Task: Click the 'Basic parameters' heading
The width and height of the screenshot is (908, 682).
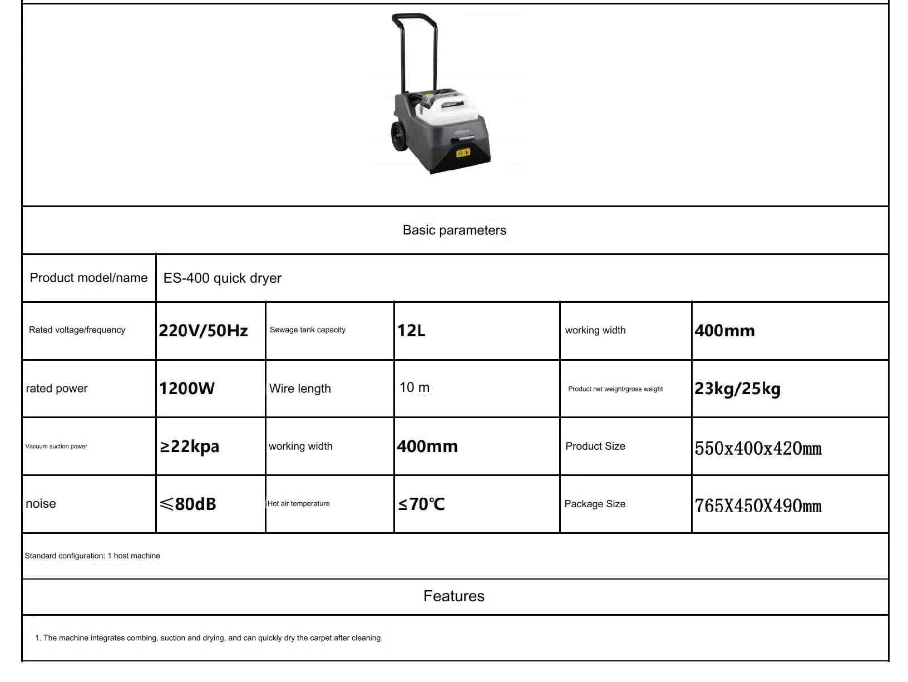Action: [454, 230]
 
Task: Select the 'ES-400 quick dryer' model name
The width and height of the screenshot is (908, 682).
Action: [222, 278]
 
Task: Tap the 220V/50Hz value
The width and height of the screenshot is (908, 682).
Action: [203, 331]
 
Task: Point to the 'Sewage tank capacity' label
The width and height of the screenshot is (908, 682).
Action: [307, 330]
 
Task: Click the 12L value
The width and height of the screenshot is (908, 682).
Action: [411, 331]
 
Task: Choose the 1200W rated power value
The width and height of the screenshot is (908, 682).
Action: [186, 389]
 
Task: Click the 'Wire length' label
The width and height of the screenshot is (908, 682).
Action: [300, 389]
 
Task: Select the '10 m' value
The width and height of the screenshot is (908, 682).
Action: [414, 387]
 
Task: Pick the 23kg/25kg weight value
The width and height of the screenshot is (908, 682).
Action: [737, 389]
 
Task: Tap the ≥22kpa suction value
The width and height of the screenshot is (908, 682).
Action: [189, 447]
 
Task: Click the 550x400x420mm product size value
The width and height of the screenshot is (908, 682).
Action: [758, 448]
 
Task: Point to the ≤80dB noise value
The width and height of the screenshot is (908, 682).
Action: [187, 504]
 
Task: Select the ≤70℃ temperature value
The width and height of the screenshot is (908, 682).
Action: [421, 504]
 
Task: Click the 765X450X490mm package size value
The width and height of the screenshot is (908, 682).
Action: [758, 506]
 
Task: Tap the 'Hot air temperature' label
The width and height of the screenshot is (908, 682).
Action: [299, 504]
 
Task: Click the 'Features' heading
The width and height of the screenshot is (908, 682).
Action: [453, 596]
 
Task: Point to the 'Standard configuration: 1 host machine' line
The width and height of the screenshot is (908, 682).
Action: [92, 556]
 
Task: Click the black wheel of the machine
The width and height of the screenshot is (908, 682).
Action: [399, 137]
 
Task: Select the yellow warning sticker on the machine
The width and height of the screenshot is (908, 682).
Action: [463, 152]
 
